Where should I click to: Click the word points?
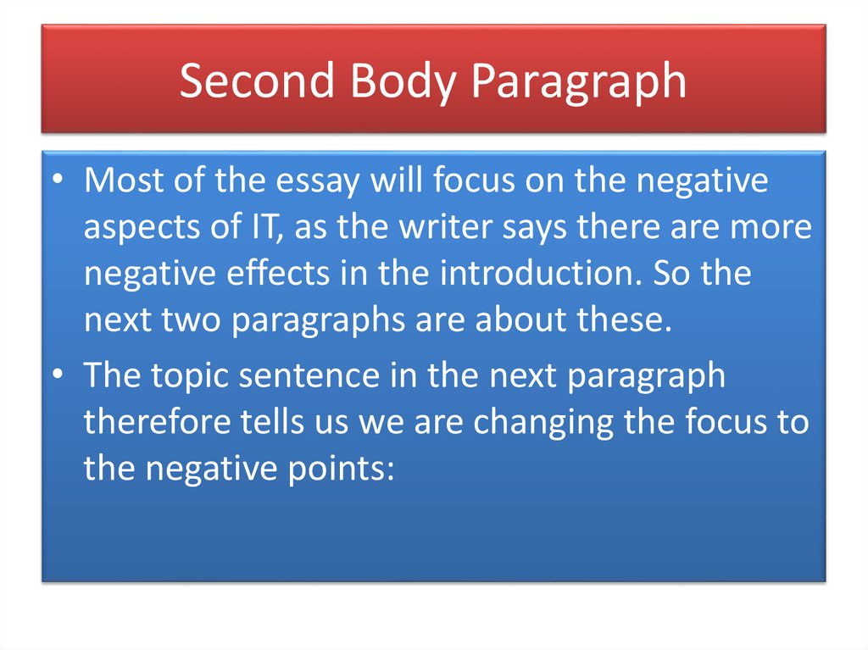point(348,468)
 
